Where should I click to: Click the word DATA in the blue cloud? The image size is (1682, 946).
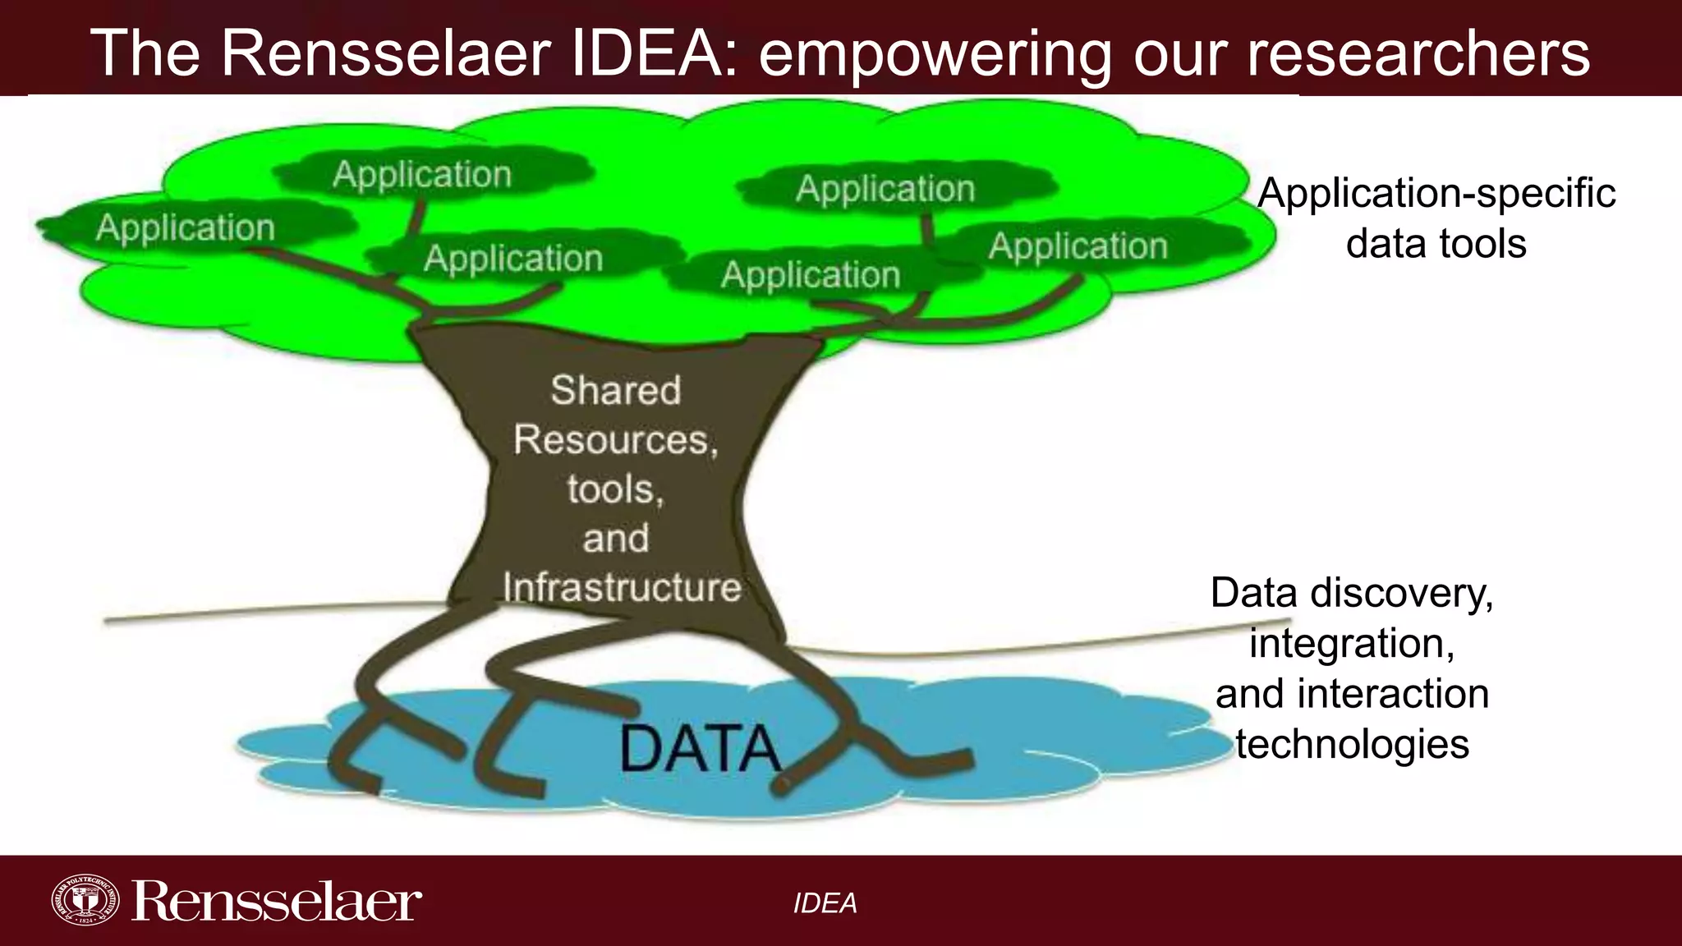(699, 748)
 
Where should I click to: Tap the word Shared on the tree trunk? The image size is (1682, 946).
(616, 390)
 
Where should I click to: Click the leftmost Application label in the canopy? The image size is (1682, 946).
(186, 227)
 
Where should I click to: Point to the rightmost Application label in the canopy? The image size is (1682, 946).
(1078, 246)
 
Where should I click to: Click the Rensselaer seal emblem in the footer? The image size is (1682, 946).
(85, 901)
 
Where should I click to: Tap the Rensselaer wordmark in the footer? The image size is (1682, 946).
(277, 902)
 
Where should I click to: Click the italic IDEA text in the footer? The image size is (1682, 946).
(825, 903)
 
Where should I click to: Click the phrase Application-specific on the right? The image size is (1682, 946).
(1436, 194)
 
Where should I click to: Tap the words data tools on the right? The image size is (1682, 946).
(1436, 244)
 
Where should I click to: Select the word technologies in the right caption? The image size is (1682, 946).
(1352, 744)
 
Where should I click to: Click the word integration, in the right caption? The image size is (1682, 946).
(1352, 643)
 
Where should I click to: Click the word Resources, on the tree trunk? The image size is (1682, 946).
(616, 440)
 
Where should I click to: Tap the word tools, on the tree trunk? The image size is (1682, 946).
(616, 489)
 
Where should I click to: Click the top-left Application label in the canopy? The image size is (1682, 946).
(422, 175)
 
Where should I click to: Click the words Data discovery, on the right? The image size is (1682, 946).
(1352, 593)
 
